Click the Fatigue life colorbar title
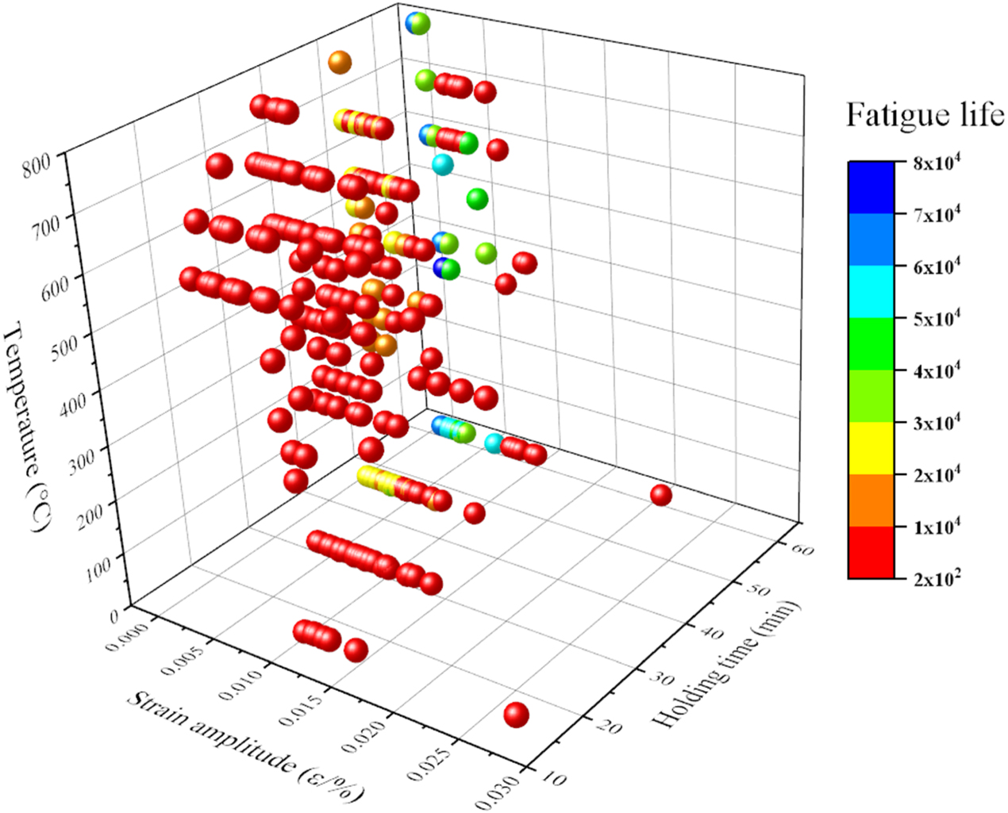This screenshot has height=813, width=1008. pyautogui.click(x=925, y=116)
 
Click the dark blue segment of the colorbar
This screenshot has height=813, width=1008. pyautogui.click(x=871, y=188)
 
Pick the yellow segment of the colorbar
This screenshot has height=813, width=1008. pyautogui.click(x=871, y=448)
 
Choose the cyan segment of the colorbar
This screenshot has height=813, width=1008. pyautogui.click(x=871, y=292)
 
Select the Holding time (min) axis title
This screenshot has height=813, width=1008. pyautogui.click(x=725, y=666)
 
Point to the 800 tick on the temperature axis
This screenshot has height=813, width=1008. pyautogui.click(x=37, y=166)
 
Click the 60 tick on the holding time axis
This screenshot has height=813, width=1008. pyautogui.click(x=800, y=550)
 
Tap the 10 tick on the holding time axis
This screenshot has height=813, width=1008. pyautogui.click(x=552, y=779)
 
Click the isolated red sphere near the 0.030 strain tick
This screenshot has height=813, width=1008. pyautogui.click(x=516, y=715)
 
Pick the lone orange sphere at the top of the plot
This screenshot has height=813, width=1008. pyautogui.click(x=340, y=63)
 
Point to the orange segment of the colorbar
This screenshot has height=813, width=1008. pyautogui.click(x=871, y=500)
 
